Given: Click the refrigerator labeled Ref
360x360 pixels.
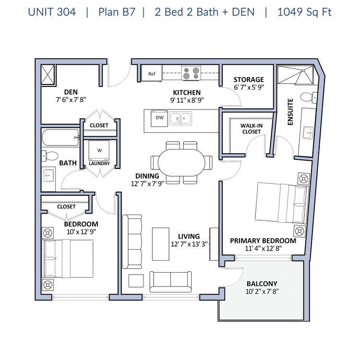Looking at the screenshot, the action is [152, 73].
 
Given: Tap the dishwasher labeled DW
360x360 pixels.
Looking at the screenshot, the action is [159, 118].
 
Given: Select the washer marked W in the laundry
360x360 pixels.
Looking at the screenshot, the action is [99, 150].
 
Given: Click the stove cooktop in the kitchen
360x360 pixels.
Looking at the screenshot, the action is [191, 73].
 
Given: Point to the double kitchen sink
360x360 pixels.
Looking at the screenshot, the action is [180, 119].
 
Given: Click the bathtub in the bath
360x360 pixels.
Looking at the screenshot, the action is [60, 137].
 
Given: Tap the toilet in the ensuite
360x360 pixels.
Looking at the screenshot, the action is [309, 97].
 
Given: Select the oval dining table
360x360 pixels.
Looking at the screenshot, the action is [181, 163].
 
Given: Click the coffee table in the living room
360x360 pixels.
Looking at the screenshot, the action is [161, 244].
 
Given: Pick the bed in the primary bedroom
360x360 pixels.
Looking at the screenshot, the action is [282, 203].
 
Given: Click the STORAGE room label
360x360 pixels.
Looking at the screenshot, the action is [249, 79].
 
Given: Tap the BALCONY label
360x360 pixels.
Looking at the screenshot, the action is [262, 284].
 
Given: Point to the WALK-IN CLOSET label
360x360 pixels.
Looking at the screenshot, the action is [252, 129].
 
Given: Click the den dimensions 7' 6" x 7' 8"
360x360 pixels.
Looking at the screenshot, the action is [71, 100].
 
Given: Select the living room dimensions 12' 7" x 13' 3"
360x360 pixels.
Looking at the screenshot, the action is [189, 244].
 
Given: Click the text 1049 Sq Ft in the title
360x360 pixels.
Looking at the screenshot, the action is [304, 12].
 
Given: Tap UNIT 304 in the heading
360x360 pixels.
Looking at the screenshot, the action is [52, 12].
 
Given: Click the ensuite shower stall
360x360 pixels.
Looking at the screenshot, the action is [296, 75].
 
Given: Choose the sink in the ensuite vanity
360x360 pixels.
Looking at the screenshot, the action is [308, 132].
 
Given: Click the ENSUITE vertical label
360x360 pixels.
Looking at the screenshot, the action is [290, 112].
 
